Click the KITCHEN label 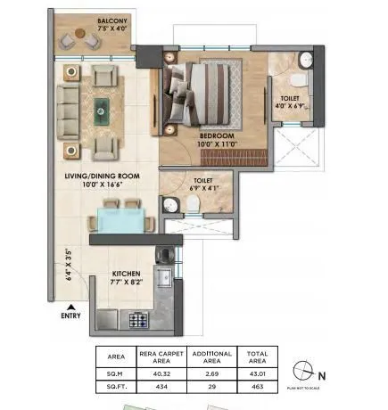coord(127,275)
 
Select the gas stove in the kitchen coord(139,317)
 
